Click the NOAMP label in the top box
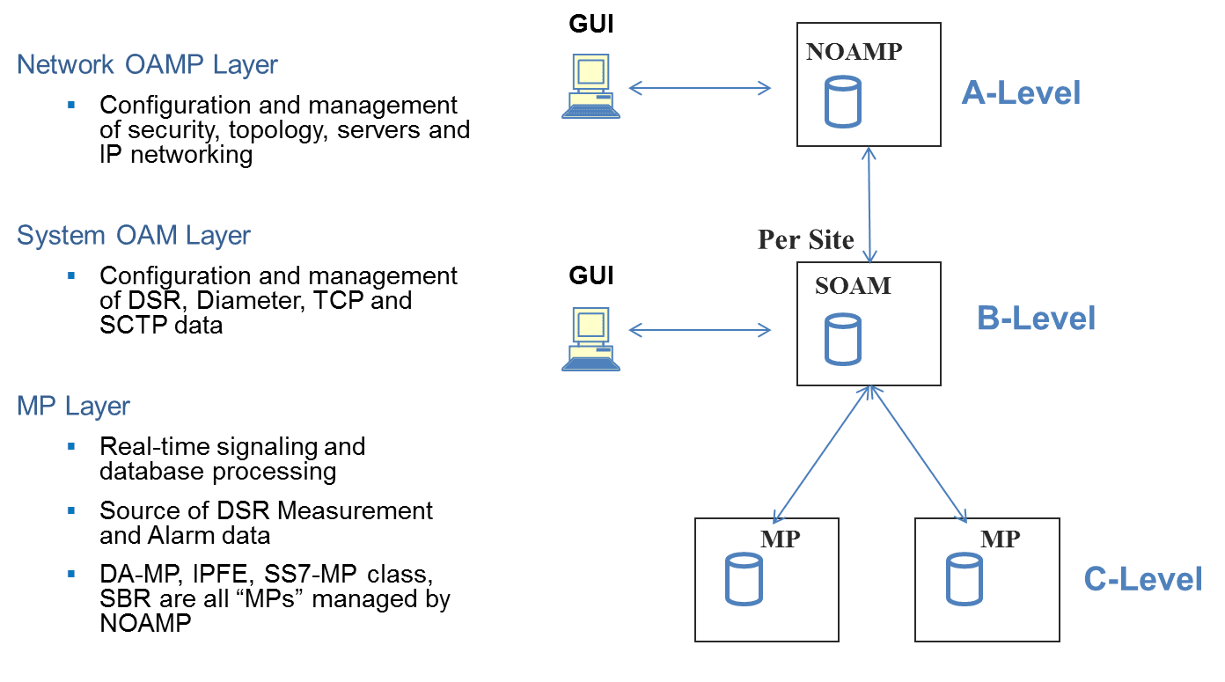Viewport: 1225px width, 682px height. tap(855, 52)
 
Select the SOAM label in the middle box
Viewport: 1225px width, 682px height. tap(853, 286)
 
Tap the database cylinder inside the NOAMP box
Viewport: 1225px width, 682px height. tap(842, 102)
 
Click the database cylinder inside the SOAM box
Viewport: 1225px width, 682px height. tap(842, 339)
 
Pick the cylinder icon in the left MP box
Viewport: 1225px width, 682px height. tap(743, 579)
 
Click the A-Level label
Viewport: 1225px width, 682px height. tap(1021, 92)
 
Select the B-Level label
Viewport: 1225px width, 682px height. tap(1036, 319)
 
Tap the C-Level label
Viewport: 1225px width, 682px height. tap(1142, 579)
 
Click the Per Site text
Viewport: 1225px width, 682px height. tap(806, 240)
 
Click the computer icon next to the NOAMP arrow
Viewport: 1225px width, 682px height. tap(591, 86)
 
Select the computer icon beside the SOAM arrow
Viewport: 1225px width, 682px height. tap(591, 339)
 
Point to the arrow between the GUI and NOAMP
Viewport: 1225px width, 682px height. tap(700, 87)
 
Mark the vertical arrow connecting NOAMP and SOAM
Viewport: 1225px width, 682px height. tap(870, 205)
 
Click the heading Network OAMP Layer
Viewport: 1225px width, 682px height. tap(147, 65)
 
